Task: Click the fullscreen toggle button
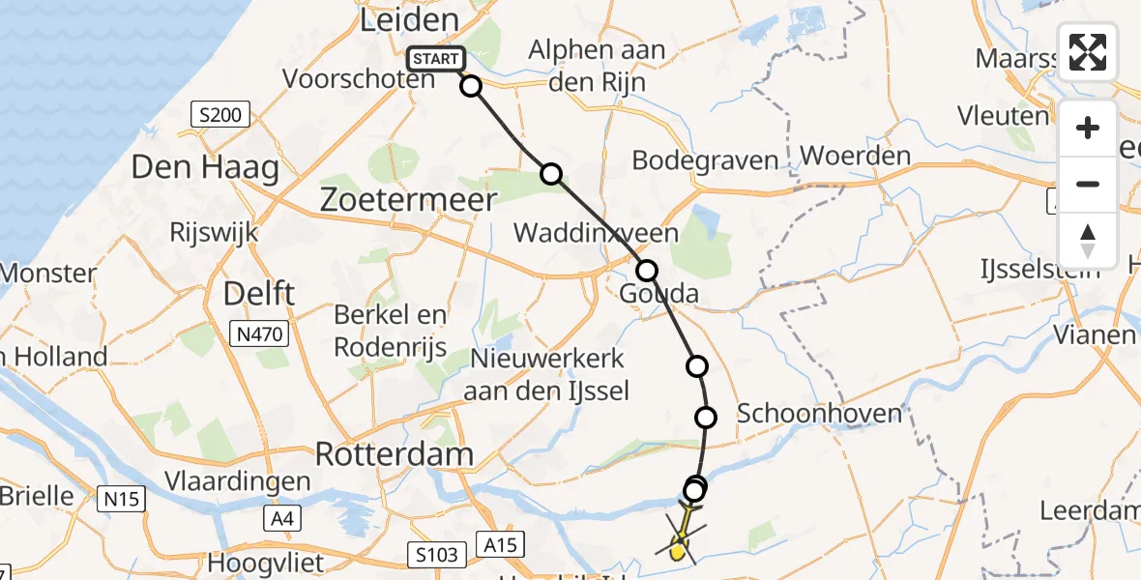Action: click(x=1088, y=52)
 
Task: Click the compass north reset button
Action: click(x=1088, y=241)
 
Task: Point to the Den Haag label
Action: click(x=205, y=168)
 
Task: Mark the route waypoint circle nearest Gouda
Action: click(x=646, y=271)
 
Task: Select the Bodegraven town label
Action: click(x=705, y=160)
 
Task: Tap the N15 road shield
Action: click(x=121, y=499)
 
